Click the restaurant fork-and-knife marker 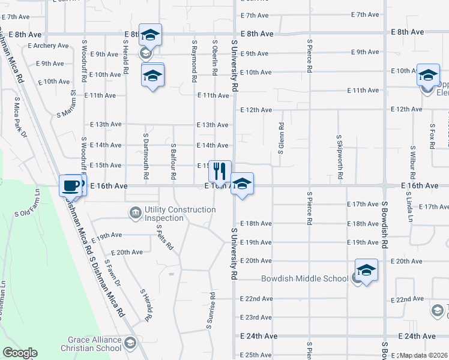pyautogui.click(x=220, y=171)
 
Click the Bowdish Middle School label pyautogui.click(x=304, y=278)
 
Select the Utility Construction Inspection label pyautogui.click(x=180, y=213)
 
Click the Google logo pyautogui.click(x=20, y=353)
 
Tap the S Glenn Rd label pyautogui.click(x=281, y=139)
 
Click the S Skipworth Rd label pyautogui.click(x=340, y=158)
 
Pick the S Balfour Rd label pyautogui.click(x=173, y=162)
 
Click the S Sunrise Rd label pyautogui.click(x=211, y=311)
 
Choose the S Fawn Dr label pyautogui.click(x=112, y=272)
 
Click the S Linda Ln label pyautogui.click(x=412, y=163)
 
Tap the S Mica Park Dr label pyautogui.click(x=20, y=117)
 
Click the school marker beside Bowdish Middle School pyautogui.click(x=366, y=270)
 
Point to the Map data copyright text pyautogui.click(x=424, y=355)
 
